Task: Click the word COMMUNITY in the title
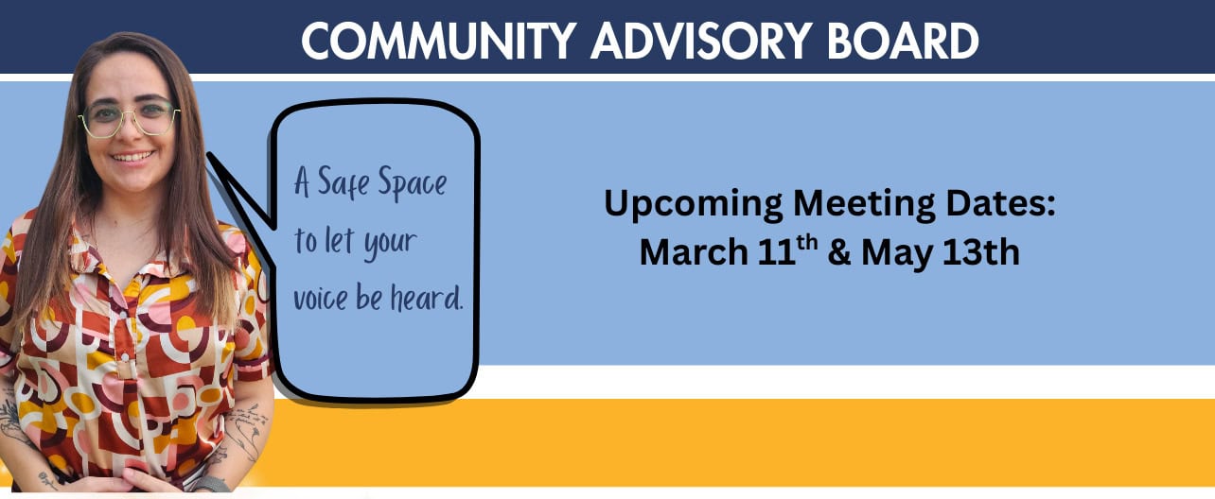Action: point(439,42)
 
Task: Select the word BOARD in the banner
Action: point(903,42)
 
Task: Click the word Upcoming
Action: point(694,206)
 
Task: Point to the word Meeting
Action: point(864,206)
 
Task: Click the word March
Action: point(694,252)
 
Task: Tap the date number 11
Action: point(776,252)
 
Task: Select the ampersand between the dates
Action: point(839,253)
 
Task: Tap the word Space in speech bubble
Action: point(413,184)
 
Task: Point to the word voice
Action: point(320,300)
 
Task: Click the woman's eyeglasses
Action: point(129,120)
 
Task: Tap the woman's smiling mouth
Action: point(132,157)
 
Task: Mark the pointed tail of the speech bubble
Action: point(209,155)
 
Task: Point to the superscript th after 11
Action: point(807,243)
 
